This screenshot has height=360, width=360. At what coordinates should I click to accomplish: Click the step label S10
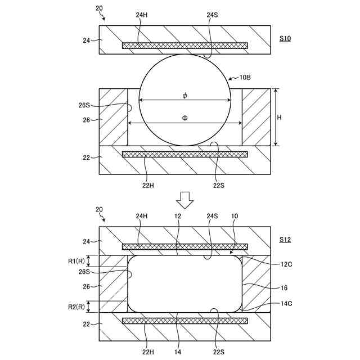pyautogui.click(x=285, y=39)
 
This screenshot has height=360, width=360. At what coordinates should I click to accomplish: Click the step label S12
pyautogui.click(x=285, y=240)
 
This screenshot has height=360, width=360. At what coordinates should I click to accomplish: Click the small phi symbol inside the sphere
pyautogui.click(x=184, y=95)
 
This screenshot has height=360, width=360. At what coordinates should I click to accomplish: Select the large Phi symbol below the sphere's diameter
pyautogui.click(x=184, y=118)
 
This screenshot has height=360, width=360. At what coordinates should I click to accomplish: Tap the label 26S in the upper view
pyautogui.click(x=84, y=105)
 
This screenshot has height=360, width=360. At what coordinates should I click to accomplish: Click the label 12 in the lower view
pyautogui.click(x=178, y=216)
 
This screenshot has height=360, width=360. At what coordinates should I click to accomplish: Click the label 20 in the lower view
pyautogui.click(x=99, y=209)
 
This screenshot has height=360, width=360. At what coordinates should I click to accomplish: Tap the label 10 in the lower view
pyautogui.click(x=235, y=216)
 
